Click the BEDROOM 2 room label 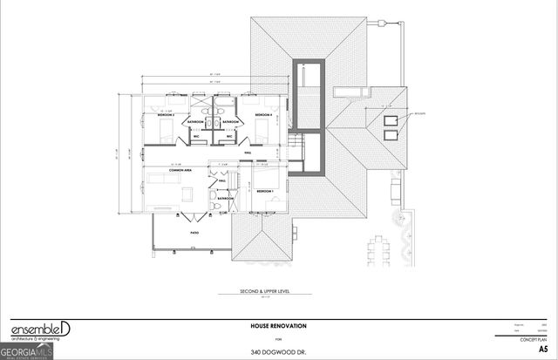coord(167,115)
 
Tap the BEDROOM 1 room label coord(264,190)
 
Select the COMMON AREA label coord(180,170)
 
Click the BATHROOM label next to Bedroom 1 coord(226,198)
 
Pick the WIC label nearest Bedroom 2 coord(197,136)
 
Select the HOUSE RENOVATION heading coord(278,325)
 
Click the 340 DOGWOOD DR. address coord(278,351)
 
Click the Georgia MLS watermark coord(28,350)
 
